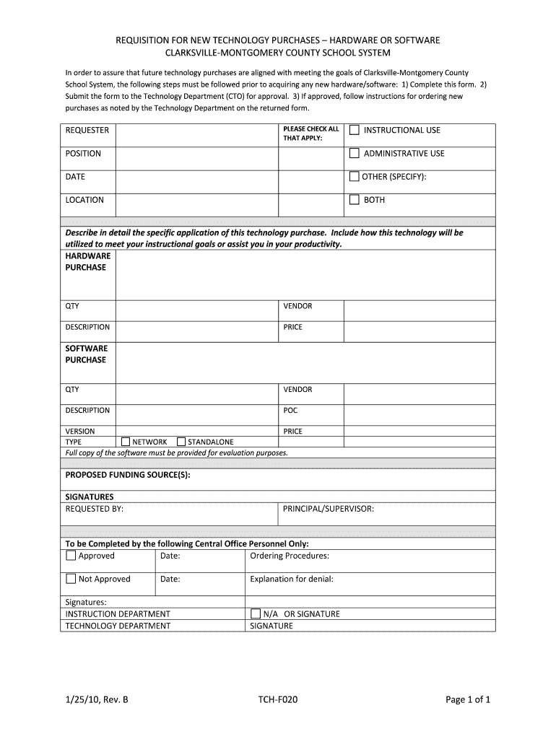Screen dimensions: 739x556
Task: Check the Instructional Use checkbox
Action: [355, 131]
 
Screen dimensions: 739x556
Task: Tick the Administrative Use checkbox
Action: [355, 154]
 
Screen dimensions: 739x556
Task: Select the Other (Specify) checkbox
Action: [355, 177]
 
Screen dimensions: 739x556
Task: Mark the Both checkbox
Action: [355, 200]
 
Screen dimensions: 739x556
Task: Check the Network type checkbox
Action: [126, 442]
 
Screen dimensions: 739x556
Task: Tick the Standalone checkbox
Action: [181, 442]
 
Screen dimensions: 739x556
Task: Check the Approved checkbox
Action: [71, 556]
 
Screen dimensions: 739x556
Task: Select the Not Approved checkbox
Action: [71, 579]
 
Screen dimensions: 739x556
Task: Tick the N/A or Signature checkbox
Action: [256, 614]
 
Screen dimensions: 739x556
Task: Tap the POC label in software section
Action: [290, 411]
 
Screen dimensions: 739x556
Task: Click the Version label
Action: [80, 432]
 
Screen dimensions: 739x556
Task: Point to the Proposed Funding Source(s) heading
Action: [128, 475]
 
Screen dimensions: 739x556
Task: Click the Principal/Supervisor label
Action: [329, 509]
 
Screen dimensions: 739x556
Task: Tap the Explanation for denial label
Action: [292, 579]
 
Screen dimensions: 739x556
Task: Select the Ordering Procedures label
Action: [290, 556]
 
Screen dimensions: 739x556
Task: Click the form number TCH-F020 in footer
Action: [277, 699]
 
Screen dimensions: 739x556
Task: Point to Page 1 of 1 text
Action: [468, 699]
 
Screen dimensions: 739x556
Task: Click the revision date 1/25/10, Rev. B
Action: [97, 699]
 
